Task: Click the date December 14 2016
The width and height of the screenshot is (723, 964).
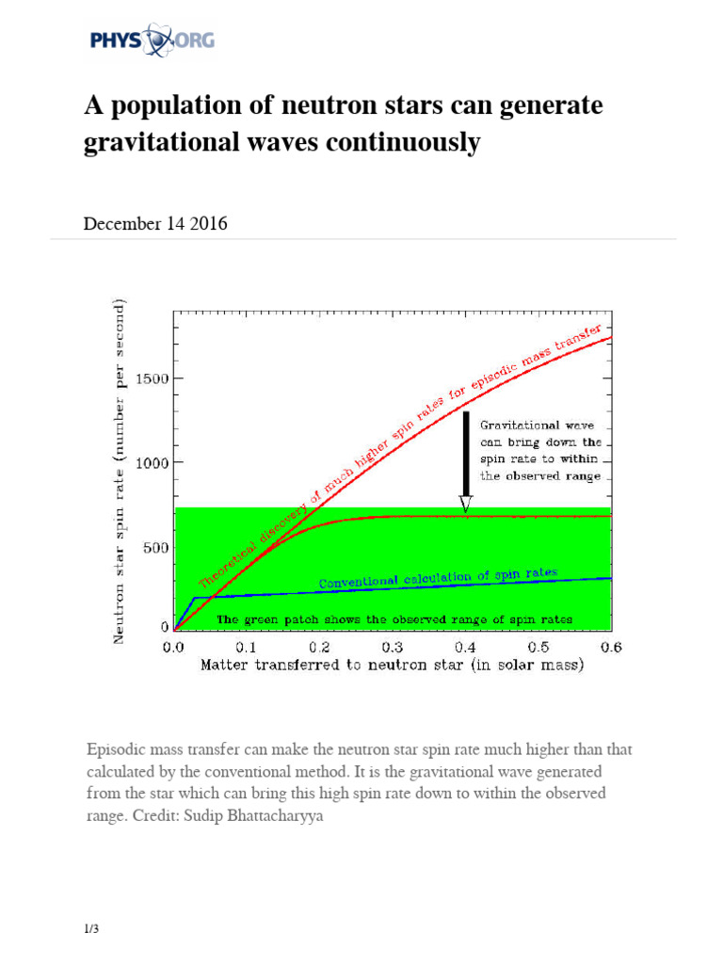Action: tap(155, 224)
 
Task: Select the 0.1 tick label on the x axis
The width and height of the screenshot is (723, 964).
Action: tap(246, 648)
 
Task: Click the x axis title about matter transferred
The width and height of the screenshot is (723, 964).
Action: tap(392, 665)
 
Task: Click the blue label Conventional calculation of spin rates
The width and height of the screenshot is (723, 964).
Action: tap(438, 578)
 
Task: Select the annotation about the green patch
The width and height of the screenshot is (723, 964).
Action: tap(394, 619)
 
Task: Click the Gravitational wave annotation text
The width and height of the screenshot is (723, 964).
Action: tap(540, 450)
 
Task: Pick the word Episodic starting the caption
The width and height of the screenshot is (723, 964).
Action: tap(117, 750)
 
